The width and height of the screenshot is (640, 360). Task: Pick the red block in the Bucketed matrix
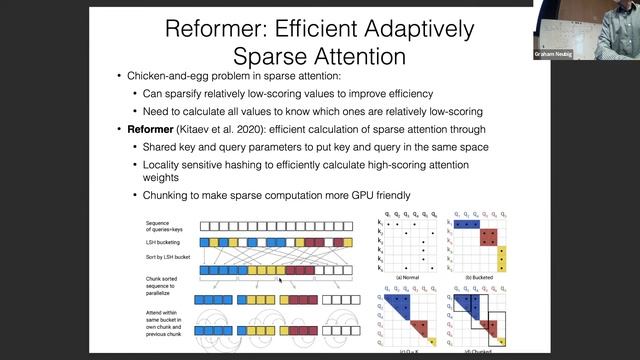(488, 239)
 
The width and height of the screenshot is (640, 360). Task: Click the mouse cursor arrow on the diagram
(280, 282)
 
